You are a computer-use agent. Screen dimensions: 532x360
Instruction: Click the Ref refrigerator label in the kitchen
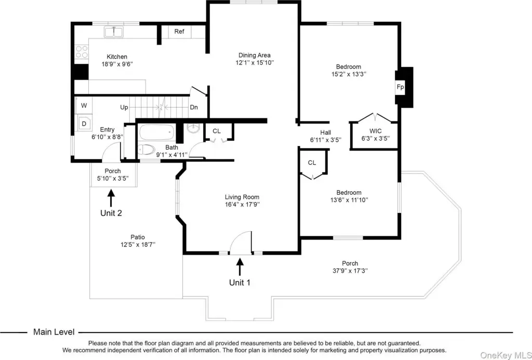[x=179, y=32]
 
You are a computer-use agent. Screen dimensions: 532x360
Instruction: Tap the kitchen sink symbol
[x=114, y=32]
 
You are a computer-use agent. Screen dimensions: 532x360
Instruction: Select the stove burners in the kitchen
[x=82, y=51]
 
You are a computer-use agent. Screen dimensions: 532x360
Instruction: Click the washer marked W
[x=84, y=105]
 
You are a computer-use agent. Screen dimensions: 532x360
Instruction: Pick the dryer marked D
[x=84, y=124]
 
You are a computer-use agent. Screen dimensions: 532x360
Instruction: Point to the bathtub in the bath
[x=157, y=132]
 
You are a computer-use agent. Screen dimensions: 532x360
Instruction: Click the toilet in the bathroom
[x=146, y=149]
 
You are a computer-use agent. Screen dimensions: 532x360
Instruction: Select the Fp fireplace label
[x=401, y=87]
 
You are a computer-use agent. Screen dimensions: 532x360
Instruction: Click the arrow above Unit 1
[x=240, y=266]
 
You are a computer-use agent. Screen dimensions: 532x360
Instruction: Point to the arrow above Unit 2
[x=111, y=198]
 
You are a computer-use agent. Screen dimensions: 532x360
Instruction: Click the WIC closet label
[x=375, y=131]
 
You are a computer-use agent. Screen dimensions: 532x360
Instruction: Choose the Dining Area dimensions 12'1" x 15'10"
[x=255, y=63]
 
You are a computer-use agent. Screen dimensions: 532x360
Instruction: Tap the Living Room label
[x=242, y=197]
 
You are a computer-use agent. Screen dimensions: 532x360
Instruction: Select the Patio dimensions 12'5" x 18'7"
[x=138, y=244]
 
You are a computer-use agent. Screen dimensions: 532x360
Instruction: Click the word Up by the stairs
[x=124, y=107]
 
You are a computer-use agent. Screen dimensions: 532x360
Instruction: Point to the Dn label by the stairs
[x=194, y=107]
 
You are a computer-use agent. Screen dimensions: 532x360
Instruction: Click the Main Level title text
[x=54, y=332]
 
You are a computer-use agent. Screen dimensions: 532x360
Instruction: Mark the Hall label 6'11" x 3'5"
[x=325, y=136]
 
